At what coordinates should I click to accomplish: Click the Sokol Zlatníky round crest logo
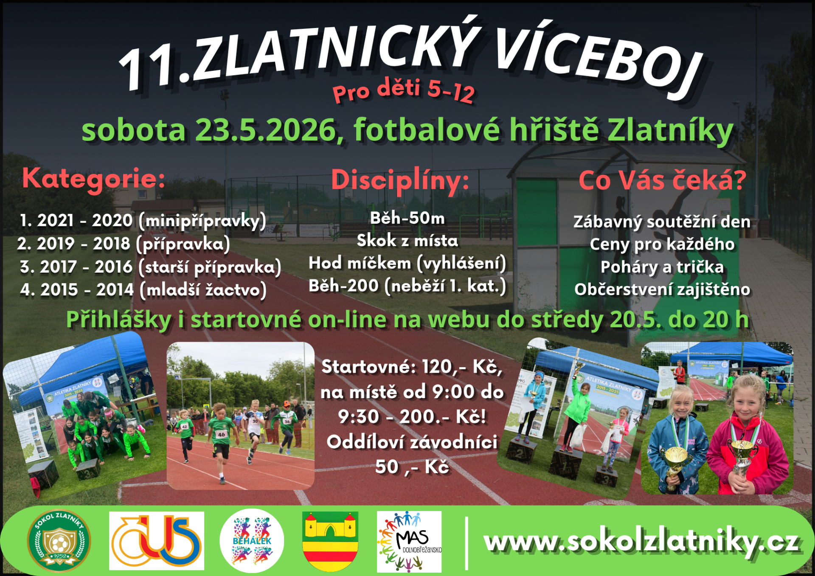click(x=59, y=541)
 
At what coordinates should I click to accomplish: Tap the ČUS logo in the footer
click(x=157, y=540)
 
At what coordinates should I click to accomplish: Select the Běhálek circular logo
click(x=252, y=541)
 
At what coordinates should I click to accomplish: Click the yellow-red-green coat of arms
click(x=330, y=541)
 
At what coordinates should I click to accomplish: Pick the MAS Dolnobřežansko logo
click(x=409, y=542)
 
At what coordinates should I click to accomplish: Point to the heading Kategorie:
click(x=93, y=179)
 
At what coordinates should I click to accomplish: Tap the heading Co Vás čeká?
click(x=662, y=180)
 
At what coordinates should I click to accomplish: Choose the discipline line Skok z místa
click(x=407, y=241)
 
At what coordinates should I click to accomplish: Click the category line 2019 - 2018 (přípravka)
click(x=124, y=244)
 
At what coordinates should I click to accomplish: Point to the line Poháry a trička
click(x=662, y=267)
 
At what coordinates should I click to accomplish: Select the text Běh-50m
click(x=407, y=218)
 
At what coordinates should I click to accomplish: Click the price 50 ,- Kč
click(x=412, y=467)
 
